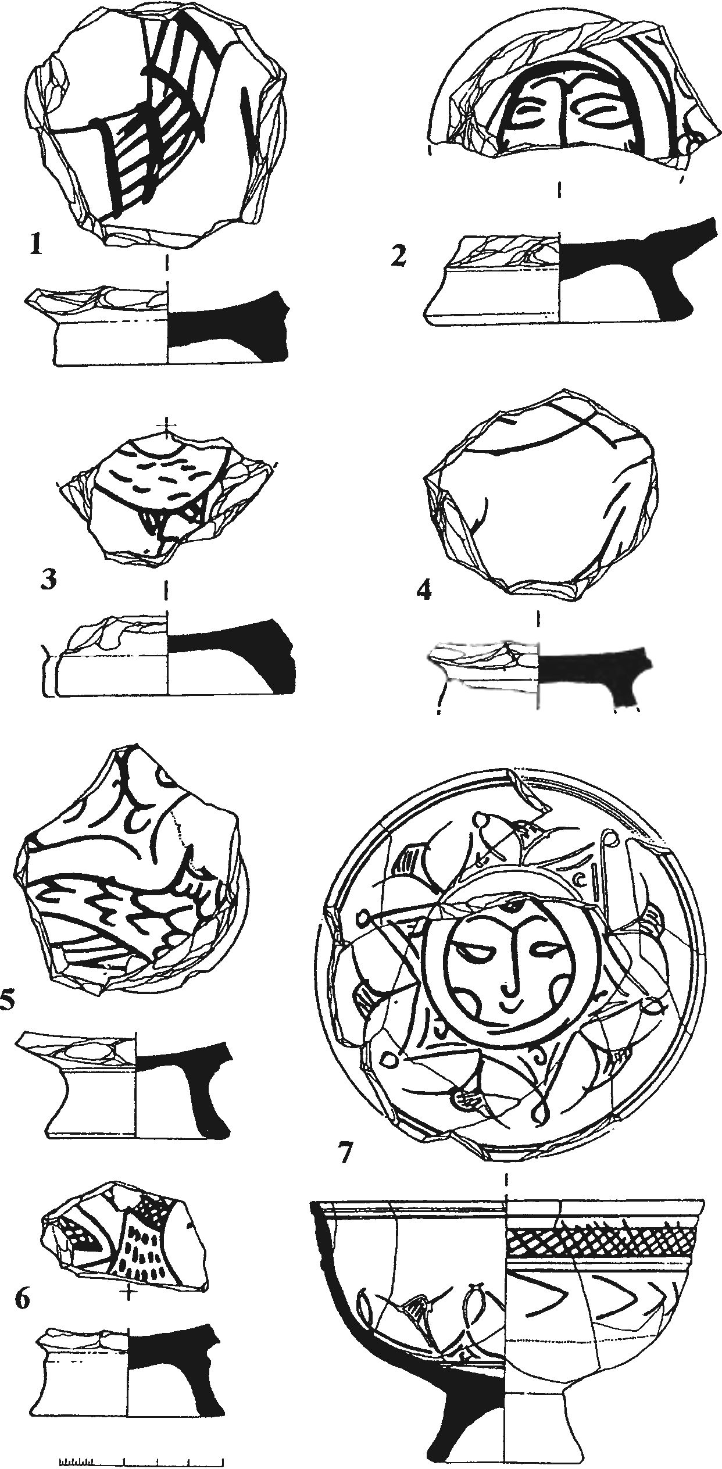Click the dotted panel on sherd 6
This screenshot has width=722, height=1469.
click(x=143, y=1250)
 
